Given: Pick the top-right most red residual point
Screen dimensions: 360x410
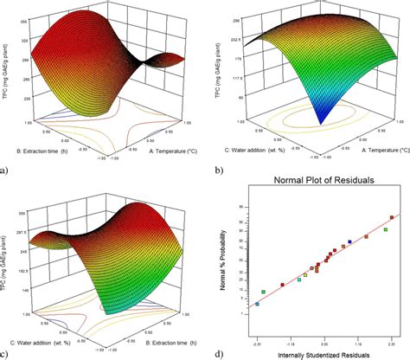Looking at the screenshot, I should tap(392, 218).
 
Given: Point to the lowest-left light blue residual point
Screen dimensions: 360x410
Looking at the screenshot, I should tap(257, 305).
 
